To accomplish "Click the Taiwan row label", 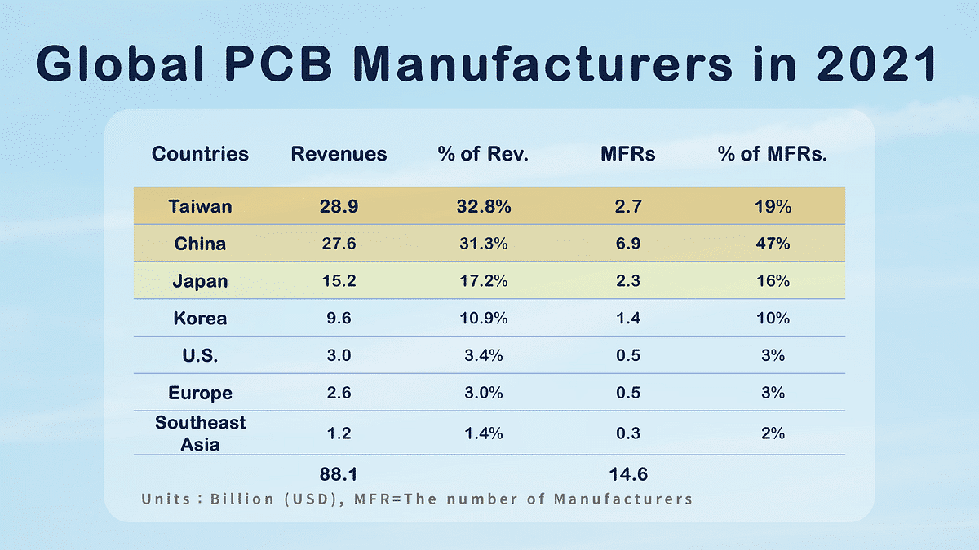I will pyautogui.click(x=200, y=207).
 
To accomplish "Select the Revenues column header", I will pyautogui.click(x=339, y=154).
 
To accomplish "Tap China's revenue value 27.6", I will pyautogui.click(x=339, y=244).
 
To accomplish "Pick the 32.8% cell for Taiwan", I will pyautogui.click(x=483, y=207).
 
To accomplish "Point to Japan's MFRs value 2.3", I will pyautogui.click(x=628, y=281).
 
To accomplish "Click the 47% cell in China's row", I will pyautogui.click(x=772, y=244).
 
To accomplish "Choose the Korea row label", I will pyautogui.click(x=200, y=319).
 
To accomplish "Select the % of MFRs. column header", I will pyautogui.click(x=772, y=154).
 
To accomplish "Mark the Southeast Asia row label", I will pyautogui.click(x=200, y=433).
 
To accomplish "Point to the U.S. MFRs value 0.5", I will pyautogui.click(x=628, y=356).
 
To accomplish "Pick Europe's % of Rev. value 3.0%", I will pyautogui.click(x=483, y=393).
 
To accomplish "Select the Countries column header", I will pyautogui.click(x=200, y=154).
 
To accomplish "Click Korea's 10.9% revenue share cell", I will pyautogui.click(x=483, y=319).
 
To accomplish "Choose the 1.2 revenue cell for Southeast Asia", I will pyautogui.click(x=339, y=433).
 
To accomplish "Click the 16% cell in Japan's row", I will pyautogui.click(x=772, y=281).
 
